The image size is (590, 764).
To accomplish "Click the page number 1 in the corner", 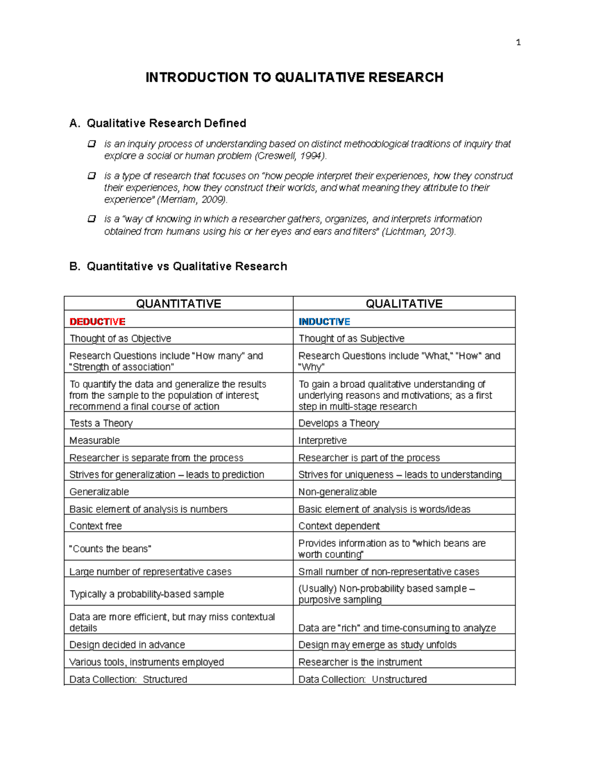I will coord(518,43).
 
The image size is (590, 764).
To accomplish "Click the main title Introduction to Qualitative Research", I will coord(294,77).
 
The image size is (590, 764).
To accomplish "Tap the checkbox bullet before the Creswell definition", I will coord(91,144).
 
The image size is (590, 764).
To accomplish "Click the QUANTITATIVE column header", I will coord(178,304).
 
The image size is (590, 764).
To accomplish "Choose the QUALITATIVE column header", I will coord(404,304).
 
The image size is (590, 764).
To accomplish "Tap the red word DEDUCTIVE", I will coord(97,322).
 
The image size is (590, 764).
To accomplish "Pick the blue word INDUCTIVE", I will coord(324,322).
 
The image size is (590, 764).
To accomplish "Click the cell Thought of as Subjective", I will coord(351,338).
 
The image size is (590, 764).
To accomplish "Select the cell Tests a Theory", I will coord(101,423).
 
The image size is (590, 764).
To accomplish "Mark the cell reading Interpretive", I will coord(323,440).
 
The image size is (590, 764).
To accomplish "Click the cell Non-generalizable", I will coord(337,491).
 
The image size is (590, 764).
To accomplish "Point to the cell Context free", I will coord(95,526).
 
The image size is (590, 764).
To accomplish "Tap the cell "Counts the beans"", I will coord(110,549).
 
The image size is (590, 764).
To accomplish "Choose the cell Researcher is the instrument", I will coord(360,662).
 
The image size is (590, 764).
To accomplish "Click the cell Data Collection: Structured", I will coord(128,679).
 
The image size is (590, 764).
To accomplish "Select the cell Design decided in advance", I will coord(127,644).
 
